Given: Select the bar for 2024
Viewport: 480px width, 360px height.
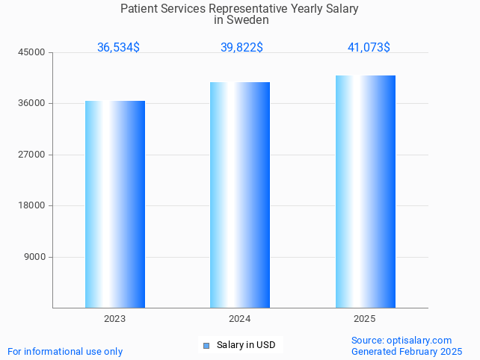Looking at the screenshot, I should [240, 195].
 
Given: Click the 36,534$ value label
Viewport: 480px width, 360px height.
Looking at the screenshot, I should [118, 47].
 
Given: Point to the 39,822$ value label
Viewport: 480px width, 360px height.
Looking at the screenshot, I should [241, 47].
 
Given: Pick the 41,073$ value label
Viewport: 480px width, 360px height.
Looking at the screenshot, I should [369, 47].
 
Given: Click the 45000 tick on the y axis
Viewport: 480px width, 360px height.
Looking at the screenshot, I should [32, 52].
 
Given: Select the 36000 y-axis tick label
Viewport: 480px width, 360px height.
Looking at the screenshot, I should [32, 103].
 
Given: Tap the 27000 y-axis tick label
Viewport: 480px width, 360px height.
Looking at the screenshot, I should [32, 155].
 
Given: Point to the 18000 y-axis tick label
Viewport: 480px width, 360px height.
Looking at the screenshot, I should [32, 205].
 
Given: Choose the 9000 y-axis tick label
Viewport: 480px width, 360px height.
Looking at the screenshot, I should [34, 257].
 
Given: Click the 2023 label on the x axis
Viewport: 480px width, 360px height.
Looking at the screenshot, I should [115, 319].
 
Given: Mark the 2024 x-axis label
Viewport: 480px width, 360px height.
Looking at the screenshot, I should [240, 319].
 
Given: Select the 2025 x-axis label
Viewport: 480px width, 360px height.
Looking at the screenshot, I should [365, 319].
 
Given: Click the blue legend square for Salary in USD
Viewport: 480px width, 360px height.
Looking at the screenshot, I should [206, 345].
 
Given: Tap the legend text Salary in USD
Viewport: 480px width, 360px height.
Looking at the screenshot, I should [246, 345].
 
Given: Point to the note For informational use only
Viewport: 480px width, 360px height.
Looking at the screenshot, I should [65, 351].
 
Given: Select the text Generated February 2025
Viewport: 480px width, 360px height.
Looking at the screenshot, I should [407, 351].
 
